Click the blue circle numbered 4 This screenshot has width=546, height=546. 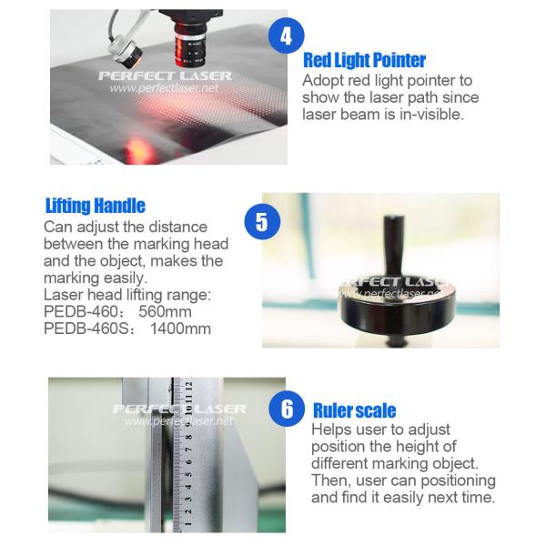(x=287, y=35)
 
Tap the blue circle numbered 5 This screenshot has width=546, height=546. (x=262, y=222)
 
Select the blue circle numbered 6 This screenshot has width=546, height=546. (x=287, y=408)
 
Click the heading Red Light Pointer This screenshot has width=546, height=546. (x=364, y=60)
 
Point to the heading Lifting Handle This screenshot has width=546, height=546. (x=96, y=206)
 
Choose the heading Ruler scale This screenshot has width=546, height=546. (x=355, y=410)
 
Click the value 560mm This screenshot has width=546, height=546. (x=165, y=311)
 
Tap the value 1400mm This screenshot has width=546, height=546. (x=180, y=329)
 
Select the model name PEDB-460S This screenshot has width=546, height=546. (x=86, y=329)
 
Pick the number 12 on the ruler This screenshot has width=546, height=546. (x=188, y=386)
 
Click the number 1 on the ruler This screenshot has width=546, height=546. (x=188, y=524)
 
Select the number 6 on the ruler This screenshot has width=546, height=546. (x=189, y=462)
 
